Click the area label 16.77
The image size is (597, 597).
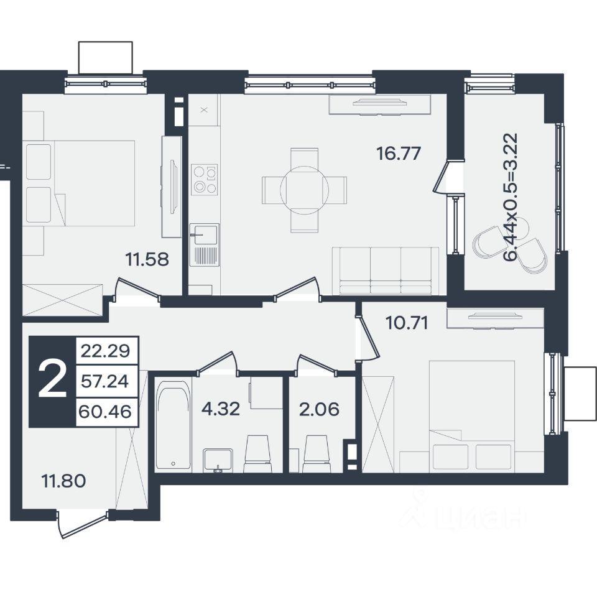tap(398, 154)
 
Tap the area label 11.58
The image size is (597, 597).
tap(147, 259)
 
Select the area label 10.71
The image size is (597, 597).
tap(407, 323)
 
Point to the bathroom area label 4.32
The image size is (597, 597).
tap(221, 409)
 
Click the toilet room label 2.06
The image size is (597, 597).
tap(319, 409)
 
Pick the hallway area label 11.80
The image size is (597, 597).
tap(63, 481)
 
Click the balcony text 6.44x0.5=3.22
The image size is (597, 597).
tap(511, 197)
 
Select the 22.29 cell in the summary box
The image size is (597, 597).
tap(106, 350)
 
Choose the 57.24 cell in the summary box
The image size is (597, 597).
tap(106, 381)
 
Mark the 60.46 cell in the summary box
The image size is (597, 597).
tap(106, 412)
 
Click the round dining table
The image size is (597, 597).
tap(304, 190)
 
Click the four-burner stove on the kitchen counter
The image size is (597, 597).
tap(205, 179)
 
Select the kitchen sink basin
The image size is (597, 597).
tap(205, 233)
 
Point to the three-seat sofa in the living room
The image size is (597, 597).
tap(386, 271)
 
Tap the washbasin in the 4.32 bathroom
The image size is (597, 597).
tap(218, 460)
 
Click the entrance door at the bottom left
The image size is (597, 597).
tap(83, 525)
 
